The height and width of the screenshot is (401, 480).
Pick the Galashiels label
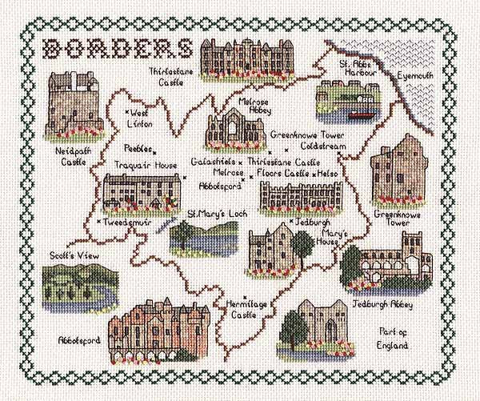click(212, 161)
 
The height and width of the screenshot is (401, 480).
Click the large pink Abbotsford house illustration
click(160, 327)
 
